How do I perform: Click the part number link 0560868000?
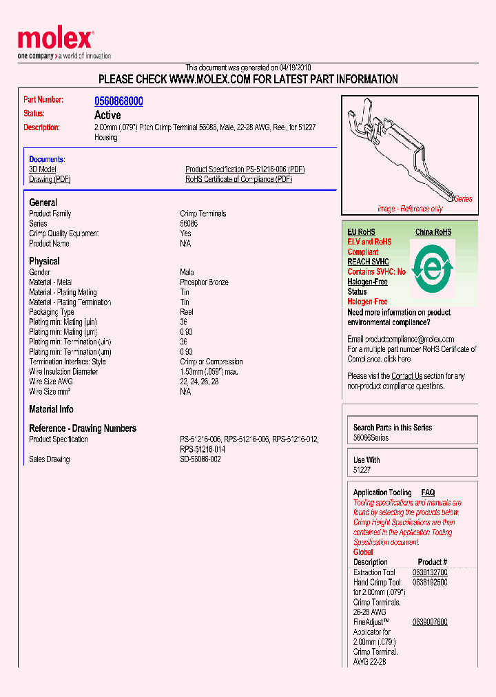pos(118,101)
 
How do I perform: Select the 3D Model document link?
pos(43,169)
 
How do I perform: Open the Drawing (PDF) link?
pos(50,179)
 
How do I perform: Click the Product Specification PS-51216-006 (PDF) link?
pos(245,169)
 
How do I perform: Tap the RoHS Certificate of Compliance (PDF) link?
pos(238,179)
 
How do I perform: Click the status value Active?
pos(107,115)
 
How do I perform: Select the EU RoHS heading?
pos(361,232)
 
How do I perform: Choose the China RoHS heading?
pos(433,232)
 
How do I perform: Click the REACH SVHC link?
pos(368,262)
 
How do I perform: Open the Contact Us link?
pos(406,376)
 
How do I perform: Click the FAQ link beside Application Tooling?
pos(428,492)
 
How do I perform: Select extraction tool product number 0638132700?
pos(430,572)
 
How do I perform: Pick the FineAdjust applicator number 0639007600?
pos(430,622)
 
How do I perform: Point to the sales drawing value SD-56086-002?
pos(200,459)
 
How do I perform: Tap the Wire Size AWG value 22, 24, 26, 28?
pos(199,382)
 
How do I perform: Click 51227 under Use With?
pos(362,470)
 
